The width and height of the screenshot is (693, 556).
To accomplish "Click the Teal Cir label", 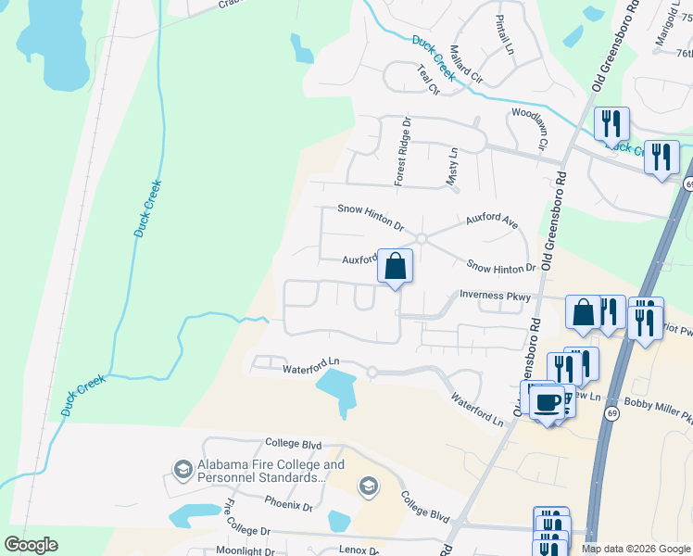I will pos(427,79).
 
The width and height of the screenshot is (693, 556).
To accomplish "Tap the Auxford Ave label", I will pos(491,221).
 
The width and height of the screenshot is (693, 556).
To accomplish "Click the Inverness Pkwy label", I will pos(496,297).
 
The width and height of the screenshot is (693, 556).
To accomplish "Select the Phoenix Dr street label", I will pos(289,505).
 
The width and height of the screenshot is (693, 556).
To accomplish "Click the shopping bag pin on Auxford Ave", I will pos(395,267).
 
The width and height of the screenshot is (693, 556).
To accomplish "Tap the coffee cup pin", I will pos(548,402).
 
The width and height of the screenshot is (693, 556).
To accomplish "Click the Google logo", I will pos(31,544).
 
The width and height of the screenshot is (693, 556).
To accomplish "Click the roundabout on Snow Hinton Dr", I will pos(421,239).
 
